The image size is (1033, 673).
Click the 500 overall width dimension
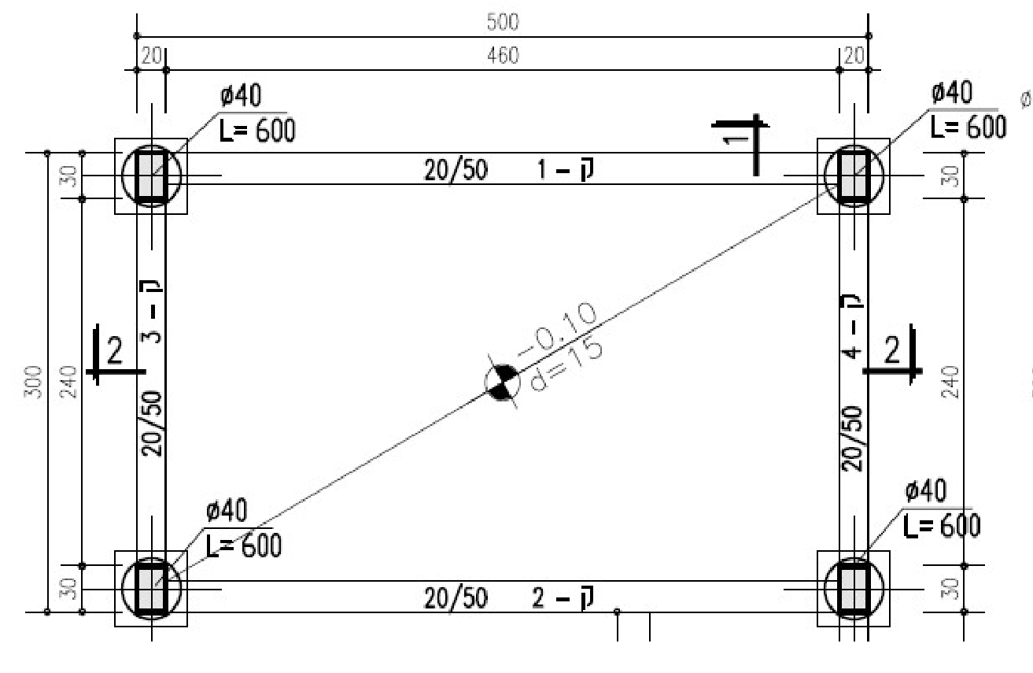pos(503,22)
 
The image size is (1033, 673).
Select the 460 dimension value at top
pos(503,56)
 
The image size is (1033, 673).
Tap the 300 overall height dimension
pos(33,382)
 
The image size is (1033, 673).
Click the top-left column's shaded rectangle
pos(151,176)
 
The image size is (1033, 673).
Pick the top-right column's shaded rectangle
pos(854,176)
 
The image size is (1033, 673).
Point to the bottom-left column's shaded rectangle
pos(151,589)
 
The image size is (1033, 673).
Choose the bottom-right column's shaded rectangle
pos(854,589)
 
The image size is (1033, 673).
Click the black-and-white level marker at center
pos(502,383)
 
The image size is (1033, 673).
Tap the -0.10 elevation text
pos(557,330)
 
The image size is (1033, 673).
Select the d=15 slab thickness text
pos(566,365)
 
